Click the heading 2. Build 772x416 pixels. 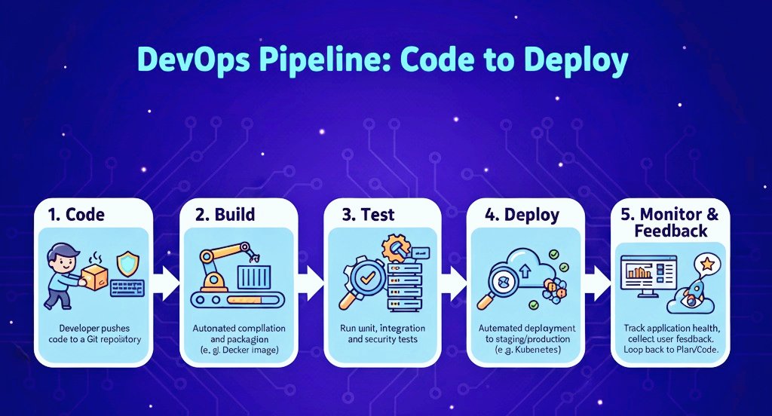pos(224,214)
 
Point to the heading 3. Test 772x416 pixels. pos(369,214)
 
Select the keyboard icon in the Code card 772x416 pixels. pos(127,289)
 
